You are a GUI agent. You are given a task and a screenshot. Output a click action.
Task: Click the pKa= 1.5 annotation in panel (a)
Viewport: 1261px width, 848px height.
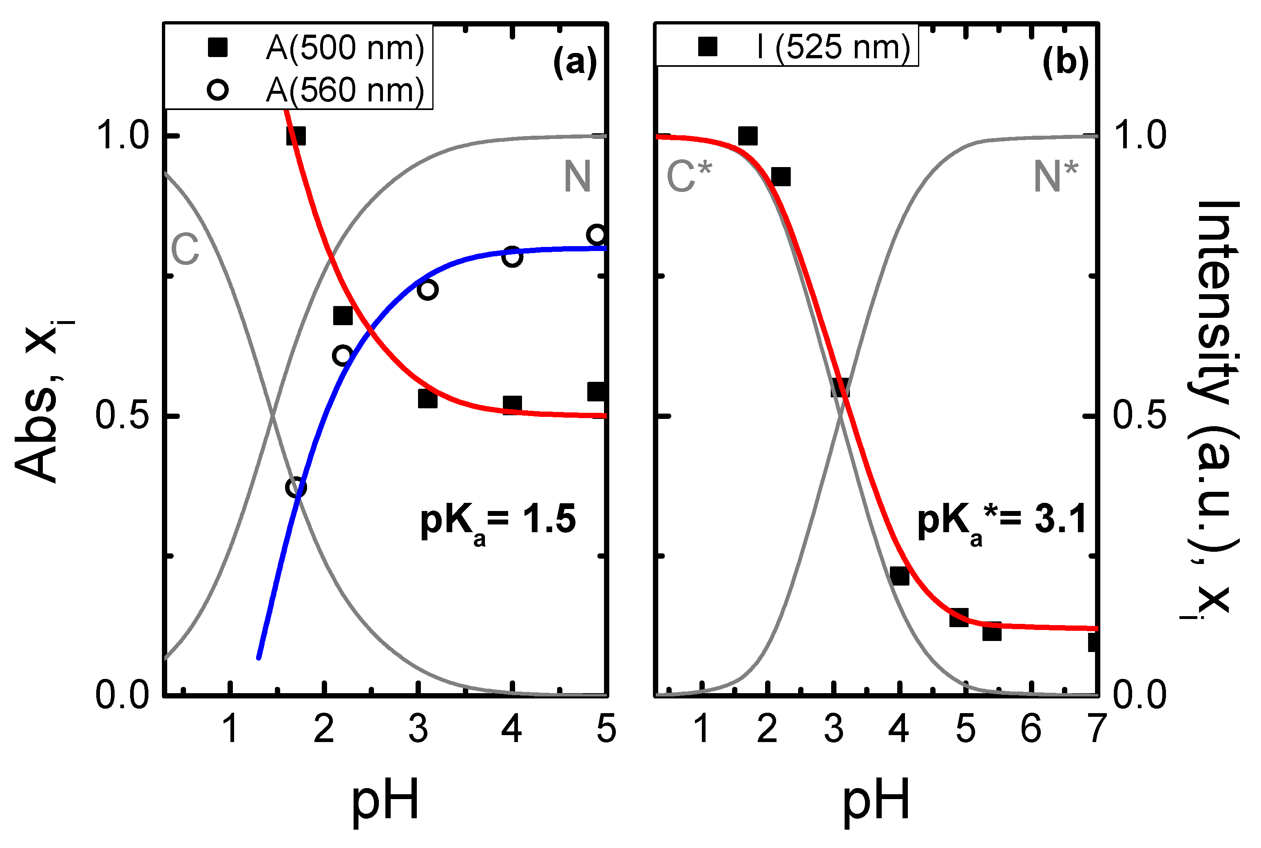click(x=498, y=521)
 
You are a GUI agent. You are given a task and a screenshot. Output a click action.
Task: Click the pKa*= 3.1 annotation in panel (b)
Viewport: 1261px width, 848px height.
click(x=1001, y=521)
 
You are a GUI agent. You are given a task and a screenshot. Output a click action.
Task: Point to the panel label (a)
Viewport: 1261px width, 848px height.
click(x=575, y=62)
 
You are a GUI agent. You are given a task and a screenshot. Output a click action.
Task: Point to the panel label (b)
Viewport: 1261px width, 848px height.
click(x=1065, y=62)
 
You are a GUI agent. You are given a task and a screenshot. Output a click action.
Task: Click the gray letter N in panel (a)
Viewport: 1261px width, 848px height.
click(x=577, y=177)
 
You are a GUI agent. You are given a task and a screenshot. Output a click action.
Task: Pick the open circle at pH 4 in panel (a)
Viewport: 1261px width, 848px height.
click(x=512, y=256)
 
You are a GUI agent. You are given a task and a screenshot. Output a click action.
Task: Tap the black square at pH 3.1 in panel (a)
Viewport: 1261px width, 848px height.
click(x=427, y=399)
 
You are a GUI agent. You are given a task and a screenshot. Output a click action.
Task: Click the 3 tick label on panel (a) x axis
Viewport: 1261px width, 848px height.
click(x=418, y=729)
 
